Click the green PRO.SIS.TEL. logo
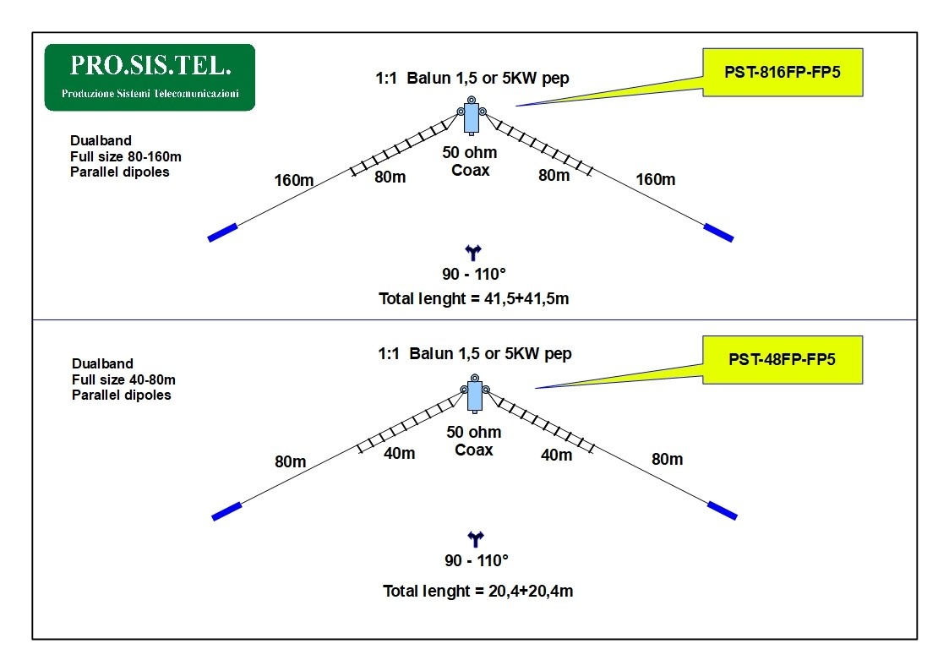150,77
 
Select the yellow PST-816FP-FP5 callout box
783,73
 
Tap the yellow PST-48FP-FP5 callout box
783,359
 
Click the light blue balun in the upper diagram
471,117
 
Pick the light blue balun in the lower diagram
475,396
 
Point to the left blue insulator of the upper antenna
223,232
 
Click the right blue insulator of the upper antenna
718,232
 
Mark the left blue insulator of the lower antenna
227,511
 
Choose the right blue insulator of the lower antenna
723,510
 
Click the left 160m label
293,180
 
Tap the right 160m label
656,179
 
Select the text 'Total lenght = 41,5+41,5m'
474,299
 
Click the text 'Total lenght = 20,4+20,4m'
477,591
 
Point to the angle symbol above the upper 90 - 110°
473,252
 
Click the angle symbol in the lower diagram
476,537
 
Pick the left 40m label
400,453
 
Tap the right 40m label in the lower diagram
556,455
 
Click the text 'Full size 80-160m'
126,156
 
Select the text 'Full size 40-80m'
123,380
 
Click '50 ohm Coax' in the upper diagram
470,161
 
